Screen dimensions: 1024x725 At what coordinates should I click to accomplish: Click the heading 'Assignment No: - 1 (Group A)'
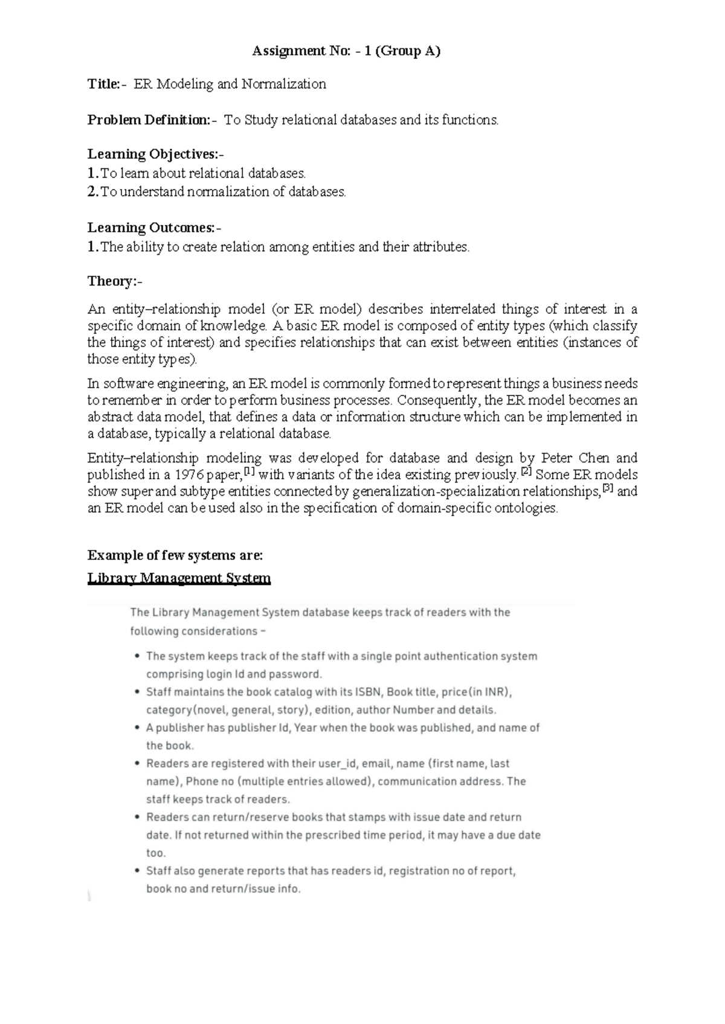click(x=346, y=51)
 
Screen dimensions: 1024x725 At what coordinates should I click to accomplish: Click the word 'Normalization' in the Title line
click(x=283, y=84)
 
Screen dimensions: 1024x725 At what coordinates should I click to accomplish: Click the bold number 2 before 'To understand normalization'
click(x=92, y=192)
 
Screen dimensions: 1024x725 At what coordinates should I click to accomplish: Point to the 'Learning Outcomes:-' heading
click(x=154, y=228)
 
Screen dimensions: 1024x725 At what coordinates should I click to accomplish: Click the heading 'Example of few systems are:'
click(x=175, y=555)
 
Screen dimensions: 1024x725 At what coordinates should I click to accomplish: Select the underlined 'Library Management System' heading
click(x=179, y=578)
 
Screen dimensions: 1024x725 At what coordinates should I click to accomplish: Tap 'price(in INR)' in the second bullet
click(x=477, y=692)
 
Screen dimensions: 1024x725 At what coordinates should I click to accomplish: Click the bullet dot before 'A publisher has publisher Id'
click(x=138, y=728)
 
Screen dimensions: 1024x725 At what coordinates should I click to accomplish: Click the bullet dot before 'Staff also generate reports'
click(x=138, y=871)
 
